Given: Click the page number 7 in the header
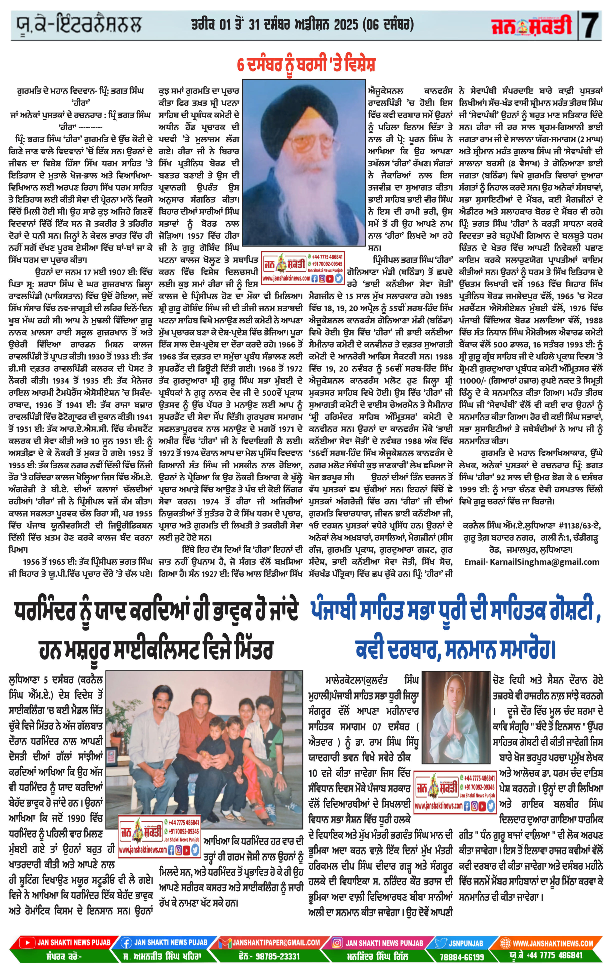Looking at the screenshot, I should (x=590, y=25).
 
